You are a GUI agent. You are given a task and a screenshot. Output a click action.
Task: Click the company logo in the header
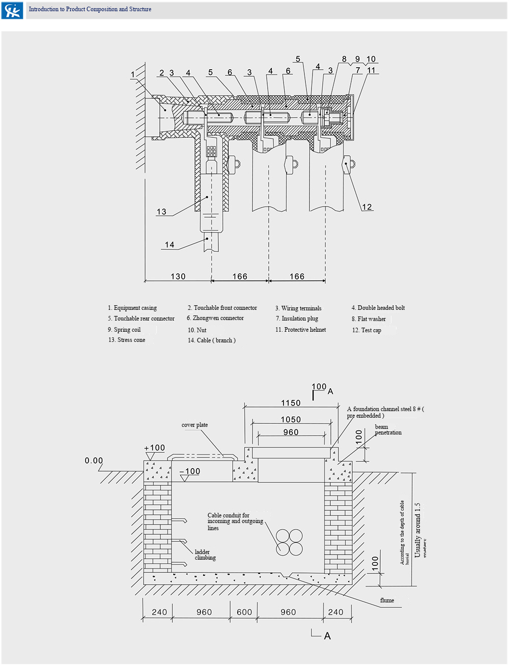12,10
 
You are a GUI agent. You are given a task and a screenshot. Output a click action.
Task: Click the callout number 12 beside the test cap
367,207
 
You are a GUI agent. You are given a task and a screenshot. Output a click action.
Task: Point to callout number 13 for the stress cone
161,212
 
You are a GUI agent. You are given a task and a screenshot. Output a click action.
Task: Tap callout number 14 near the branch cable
169,245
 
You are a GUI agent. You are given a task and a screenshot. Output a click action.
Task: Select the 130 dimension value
178,276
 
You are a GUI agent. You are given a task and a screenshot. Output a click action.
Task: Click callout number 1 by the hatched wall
133,75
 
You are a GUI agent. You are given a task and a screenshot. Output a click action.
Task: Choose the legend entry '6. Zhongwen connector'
215,318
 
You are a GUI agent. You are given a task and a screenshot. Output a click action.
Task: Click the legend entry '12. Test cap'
366,330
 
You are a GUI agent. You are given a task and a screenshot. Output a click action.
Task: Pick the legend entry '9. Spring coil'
124,330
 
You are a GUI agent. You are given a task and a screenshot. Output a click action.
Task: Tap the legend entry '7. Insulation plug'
297,318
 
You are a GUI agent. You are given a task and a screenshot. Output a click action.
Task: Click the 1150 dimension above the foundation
291,403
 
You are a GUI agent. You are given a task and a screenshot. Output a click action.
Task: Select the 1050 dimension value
291,420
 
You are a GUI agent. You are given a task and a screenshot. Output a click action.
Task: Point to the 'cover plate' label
194,425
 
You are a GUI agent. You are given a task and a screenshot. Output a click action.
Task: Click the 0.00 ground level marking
94,460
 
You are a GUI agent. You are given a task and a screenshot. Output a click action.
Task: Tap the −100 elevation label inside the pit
190,472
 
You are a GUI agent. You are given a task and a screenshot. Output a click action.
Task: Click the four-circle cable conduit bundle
289,542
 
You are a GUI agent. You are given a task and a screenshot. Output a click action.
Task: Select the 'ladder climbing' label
205,555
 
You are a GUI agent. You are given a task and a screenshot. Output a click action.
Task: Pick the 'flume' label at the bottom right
387,600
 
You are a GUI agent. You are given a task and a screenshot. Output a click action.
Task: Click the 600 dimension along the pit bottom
244,612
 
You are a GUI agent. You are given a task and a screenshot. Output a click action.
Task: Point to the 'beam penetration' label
388,430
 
